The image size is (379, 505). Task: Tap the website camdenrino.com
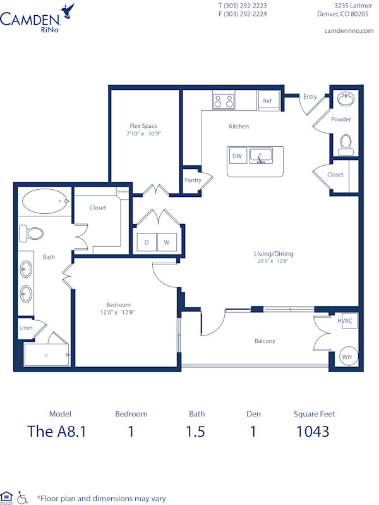(349, 30)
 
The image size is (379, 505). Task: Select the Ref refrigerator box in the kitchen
(267, 101)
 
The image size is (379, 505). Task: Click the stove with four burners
(223, 101)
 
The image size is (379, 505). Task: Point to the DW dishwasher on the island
(238, 156)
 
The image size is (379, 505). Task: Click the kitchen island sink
(260, 155)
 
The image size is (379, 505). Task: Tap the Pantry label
(193, 180)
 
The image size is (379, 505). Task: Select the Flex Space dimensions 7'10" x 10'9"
(143, 134)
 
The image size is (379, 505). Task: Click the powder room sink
(345, 99)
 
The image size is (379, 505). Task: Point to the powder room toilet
(345, 144)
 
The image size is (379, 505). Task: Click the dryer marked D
(147, 242)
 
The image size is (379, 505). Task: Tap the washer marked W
(167, 242)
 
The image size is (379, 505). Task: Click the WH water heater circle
(347, 357)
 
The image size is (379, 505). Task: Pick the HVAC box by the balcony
(345, 321)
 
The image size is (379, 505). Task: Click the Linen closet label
(26, 328)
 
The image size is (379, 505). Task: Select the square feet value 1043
(313, 432)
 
